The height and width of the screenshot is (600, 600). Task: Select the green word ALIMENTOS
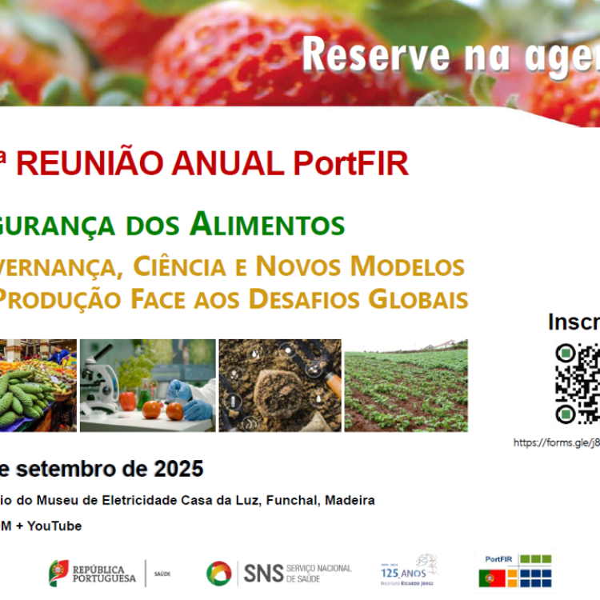pyautogui.click(x=267, y=224)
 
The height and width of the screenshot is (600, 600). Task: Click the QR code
pyautogui.click(x=577, y=383)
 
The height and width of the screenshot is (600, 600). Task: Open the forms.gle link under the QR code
pyautogui.click(x=556, y=442)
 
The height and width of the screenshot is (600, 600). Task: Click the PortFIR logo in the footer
pyautogui.click(x=515, y=570)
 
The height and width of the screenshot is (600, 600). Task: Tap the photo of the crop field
pyautogui.click(x=406, y=385)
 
